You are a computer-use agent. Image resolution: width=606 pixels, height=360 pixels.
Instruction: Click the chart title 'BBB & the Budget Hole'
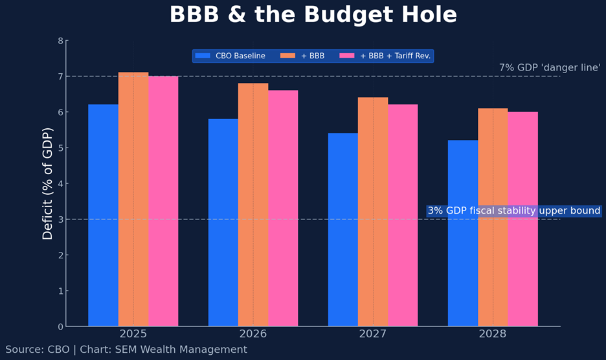click(x=313, y=15)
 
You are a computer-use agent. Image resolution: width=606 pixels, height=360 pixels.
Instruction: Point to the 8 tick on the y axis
click(x=60, y=41)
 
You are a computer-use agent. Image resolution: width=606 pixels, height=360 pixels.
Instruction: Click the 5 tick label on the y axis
click(x=60, y=148)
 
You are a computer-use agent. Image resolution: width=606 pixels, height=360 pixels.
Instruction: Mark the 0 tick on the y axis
click(x=60, y=326)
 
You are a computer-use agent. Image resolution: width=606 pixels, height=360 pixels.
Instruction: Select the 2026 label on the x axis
click(x=253, y=334)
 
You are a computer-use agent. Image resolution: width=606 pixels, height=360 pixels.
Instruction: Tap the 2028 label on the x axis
click(x=493, y=334)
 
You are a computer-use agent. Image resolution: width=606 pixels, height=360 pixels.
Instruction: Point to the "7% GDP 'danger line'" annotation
click(x=550, y=67)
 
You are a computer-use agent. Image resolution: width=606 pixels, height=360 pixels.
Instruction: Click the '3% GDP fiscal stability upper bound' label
click(x=514, y=211)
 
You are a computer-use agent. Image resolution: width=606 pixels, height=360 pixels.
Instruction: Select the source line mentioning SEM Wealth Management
click(x=126, y=350)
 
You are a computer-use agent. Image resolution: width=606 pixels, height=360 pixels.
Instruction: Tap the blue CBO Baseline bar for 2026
click(x=223, y=222)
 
